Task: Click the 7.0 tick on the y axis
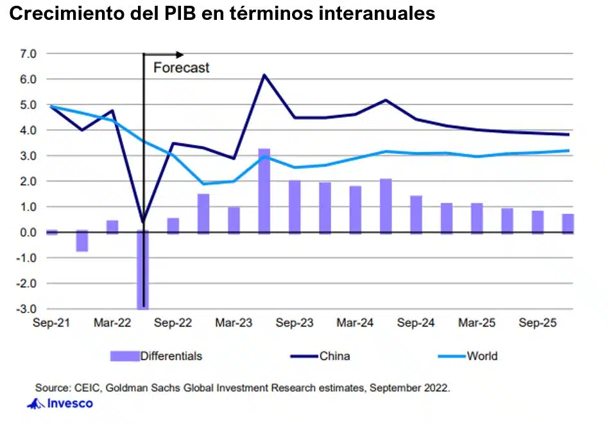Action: click(x=29, y=54)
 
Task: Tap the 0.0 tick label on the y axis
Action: click(x=29, y=232)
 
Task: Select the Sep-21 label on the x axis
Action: click(x=51, y=323)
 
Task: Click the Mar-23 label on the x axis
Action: click(x=234, y=323)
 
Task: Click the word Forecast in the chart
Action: click(x=181, y=68)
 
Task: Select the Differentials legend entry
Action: click(x=171, y=356)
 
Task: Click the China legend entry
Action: click(x=334, y=356)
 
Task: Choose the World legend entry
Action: click(x=482, y=356)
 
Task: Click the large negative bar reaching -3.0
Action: click(x=142, y=269)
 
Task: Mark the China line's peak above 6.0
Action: click(x=264, y=75)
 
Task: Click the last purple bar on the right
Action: click(x=569, y=223)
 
